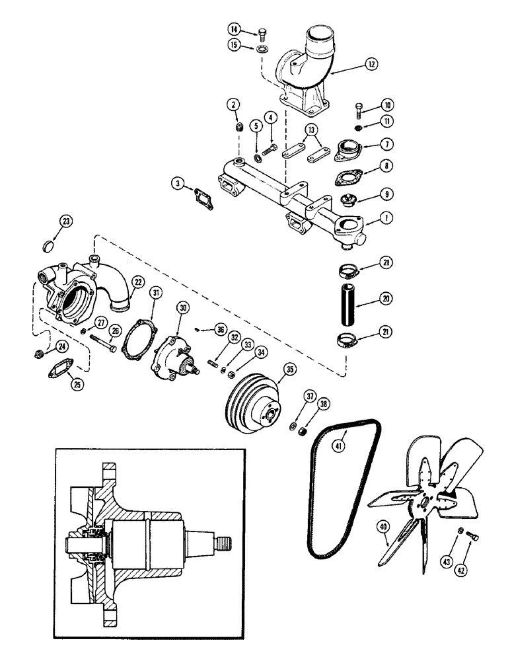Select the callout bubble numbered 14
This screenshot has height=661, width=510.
click(x=235, y=29)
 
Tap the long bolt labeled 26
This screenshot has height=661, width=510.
click(x=101, y=340)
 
